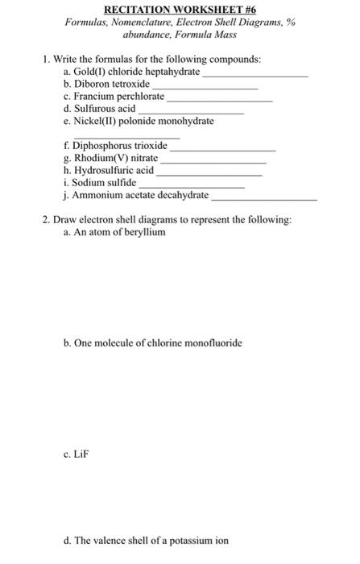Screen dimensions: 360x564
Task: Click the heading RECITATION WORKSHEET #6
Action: [x=180, y=9]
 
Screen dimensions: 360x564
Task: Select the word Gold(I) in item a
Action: [x=89, y=72]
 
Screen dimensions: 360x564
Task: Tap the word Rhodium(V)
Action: [x=98, y=158]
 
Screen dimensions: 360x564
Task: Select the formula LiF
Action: [x=81, y=454]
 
